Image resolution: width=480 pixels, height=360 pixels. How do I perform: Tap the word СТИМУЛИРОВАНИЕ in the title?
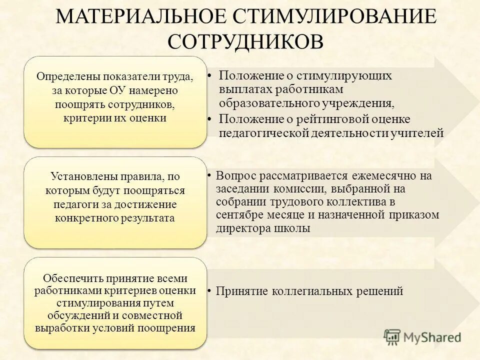click(332, 17)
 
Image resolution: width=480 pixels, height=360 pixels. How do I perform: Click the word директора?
click(240, 228)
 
